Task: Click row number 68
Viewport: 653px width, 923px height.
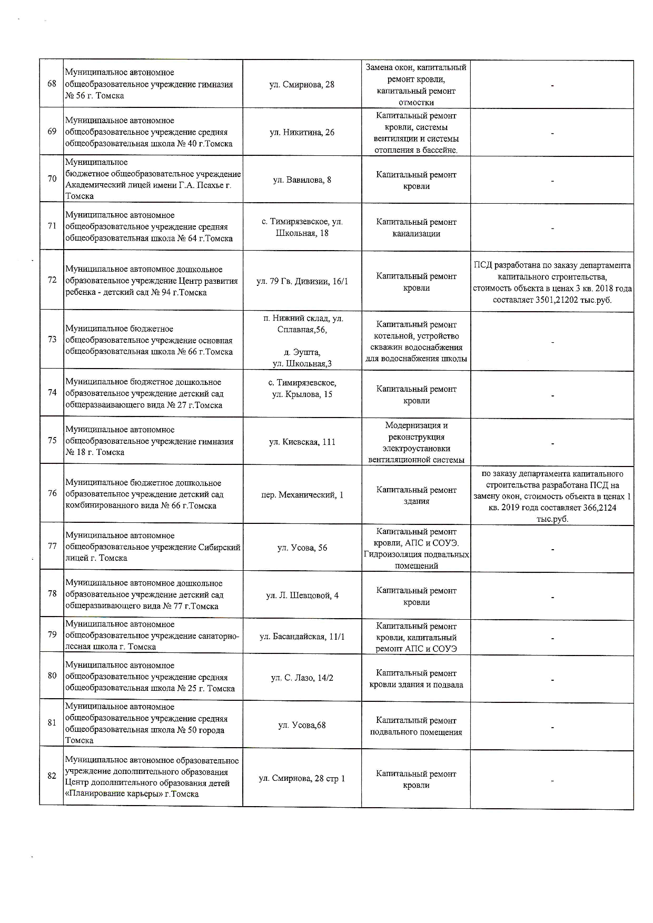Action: pos(52,84)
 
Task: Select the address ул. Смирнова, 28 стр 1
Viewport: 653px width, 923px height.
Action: pos(302,778)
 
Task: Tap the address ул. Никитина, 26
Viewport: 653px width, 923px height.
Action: pos(302,132)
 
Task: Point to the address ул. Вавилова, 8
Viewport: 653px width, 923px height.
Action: pos(302,180)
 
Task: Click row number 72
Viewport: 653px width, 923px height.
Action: pos(52,280)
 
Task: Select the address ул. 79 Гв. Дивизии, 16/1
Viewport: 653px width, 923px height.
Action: pos(302,281)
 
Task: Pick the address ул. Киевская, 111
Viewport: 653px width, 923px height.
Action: pos(302,442)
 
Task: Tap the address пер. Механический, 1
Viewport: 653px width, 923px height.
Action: pos(302,495)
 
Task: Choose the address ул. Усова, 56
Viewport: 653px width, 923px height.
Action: pos(302,548)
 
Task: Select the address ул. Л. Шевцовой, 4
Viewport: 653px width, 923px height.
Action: pos(302,596)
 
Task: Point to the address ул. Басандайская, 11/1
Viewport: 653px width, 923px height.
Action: pos(302,637)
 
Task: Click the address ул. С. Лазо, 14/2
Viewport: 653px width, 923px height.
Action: pos(302,678)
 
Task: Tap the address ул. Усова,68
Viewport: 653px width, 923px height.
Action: pos(302,725)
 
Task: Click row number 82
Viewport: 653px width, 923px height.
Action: pos(52,776)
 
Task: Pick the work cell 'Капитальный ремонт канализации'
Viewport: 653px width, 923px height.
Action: pos(416,227)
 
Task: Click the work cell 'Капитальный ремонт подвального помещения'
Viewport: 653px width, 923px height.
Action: pos(416,726)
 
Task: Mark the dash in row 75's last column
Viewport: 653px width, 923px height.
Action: pos(552,443)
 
